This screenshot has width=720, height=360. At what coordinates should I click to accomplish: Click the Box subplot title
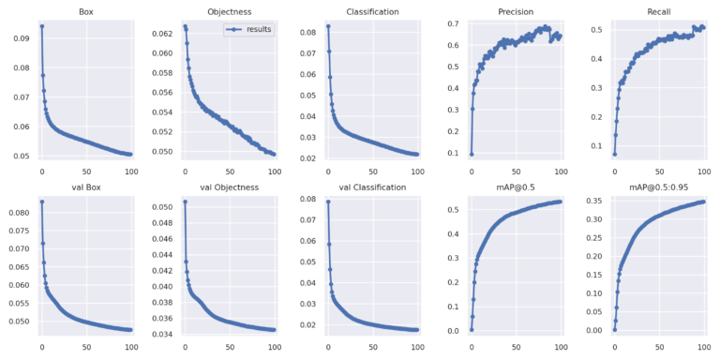coord(86,12)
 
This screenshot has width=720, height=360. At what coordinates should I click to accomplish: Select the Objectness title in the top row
coord(229,12)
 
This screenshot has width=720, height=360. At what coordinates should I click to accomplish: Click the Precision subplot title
coord(515,12)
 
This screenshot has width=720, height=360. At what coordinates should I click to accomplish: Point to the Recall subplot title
coord(658,12)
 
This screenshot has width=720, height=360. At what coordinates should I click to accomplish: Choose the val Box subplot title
coord(86,187)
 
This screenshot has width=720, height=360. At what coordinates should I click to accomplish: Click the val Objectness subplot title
coord(229,187)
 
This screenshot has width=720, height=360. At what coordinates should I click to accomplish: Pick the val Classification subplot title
coord(372,187)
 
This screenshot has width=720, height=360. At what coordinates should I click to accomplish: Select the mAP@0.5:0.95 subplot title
coord(658,187)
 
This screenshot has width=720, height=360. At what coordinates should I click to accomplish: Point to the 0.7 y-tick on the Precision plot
coord(452,23)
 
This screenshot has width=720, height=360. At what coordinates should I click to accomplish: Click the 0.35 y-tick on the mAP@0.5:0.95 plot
coord(593,200)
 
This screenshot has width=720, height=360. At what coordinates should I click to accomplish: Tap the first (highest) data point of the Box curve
coord(42,26)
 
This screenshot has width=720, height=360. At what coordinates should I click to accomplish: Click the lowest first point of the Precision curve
coord(472,154)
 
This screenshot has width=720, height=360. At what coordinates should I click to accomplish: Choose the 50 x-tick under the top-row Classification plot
coord(372,172)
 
